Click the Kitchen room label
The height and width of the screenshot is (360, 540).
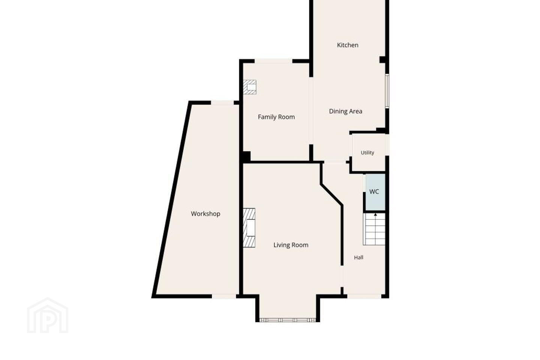(x=347, y=45)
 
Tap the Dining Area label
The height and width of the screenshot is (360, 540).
(x=345, y=111)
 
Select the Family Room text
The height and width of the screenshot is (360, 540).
(x=276, y=117)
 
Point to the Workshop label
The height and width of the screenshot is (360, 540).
(x=205, y=214)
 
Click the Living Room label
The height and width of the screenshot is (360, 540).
(x=291, y=245)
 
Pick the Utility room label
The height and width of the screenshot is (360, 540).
(x=367, y=153)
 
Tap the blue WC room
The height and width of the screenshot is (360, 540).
(x=375, y=192)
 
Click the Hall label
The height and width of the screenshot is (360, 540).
(x=359, y=258)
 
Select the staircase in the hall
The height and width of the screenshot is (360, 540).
(x=374, y=229)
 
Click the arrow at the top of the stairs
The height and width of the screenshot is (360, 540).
(x=375, y=214)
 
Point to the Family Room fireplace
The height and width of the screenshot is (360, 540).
(x=249, y=87)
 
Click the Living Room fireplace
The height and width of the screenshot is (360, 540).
(x=249, y=228)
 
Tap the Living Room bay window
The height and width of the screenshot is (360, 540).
(x=288, y=320)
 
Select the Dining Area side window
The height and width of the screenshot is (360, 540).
(x=387, y=91)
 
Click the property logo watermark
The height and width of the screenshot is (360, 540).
(x=48, y=315)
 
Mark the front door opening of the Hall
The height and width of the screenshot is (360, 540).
(x=364, y=296)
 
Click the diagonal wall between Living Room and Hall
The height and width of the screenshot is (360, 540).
(x=332, y=195)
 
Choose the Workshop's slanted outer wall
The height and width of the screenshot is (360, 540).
(x=171, y=199)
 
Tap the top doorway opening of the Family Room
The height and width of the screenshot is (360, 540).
(x=273, y=61)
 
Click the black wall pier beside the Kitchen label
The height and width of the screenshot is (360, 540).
(x=382, y=60)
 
